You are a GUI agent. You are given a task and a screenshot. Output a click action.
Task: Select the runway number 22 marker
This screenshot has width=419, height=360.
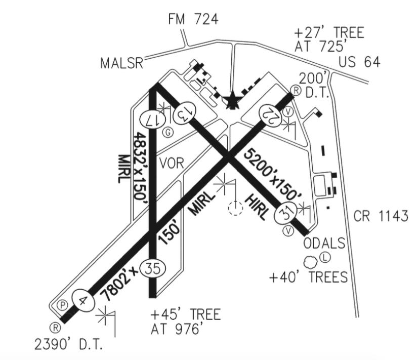click(271, 113)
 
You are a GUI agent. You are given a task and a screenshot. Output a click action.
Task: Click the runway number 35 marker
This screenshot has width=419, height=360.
click(152, 268)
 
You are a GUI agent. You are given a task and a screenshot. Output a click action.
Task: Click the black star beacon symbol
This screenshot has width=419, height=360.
click(232, 101)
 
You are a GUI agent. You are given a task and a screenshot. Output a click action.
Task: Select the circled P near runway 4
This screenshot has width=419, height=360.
click(62, 305)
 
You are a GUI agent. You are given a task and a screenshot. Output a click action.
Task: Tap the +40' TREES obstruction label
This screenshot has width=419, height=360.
click(308, 277)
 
